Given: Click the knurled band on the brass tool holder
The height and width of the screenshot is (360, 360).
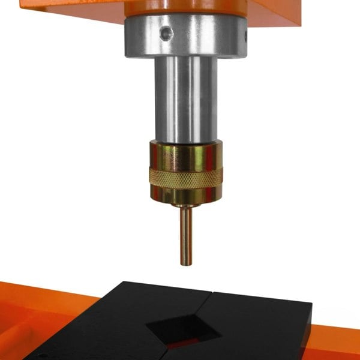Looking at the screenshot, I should tap(186, 176).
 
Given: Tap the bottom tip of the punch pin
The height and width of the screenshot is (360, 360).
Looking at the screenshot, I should tap(186, 263).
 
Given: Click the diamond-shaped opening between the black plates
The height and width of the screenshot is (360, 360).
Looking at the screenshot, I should tap(180, 327).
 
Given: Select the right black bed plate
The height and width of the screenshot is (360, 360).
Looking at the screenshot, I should tap(264, 324).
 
